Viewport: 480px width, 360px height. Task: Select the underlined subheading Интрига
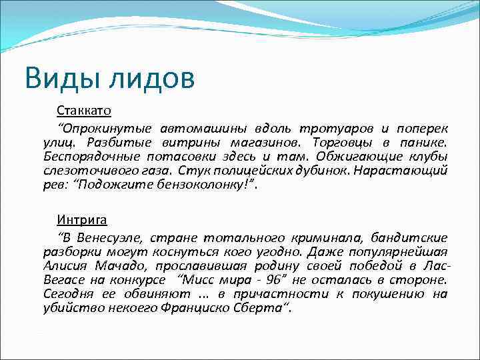pos(81,219)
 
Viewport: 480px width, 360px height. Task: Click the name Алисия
pos(66,266)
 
